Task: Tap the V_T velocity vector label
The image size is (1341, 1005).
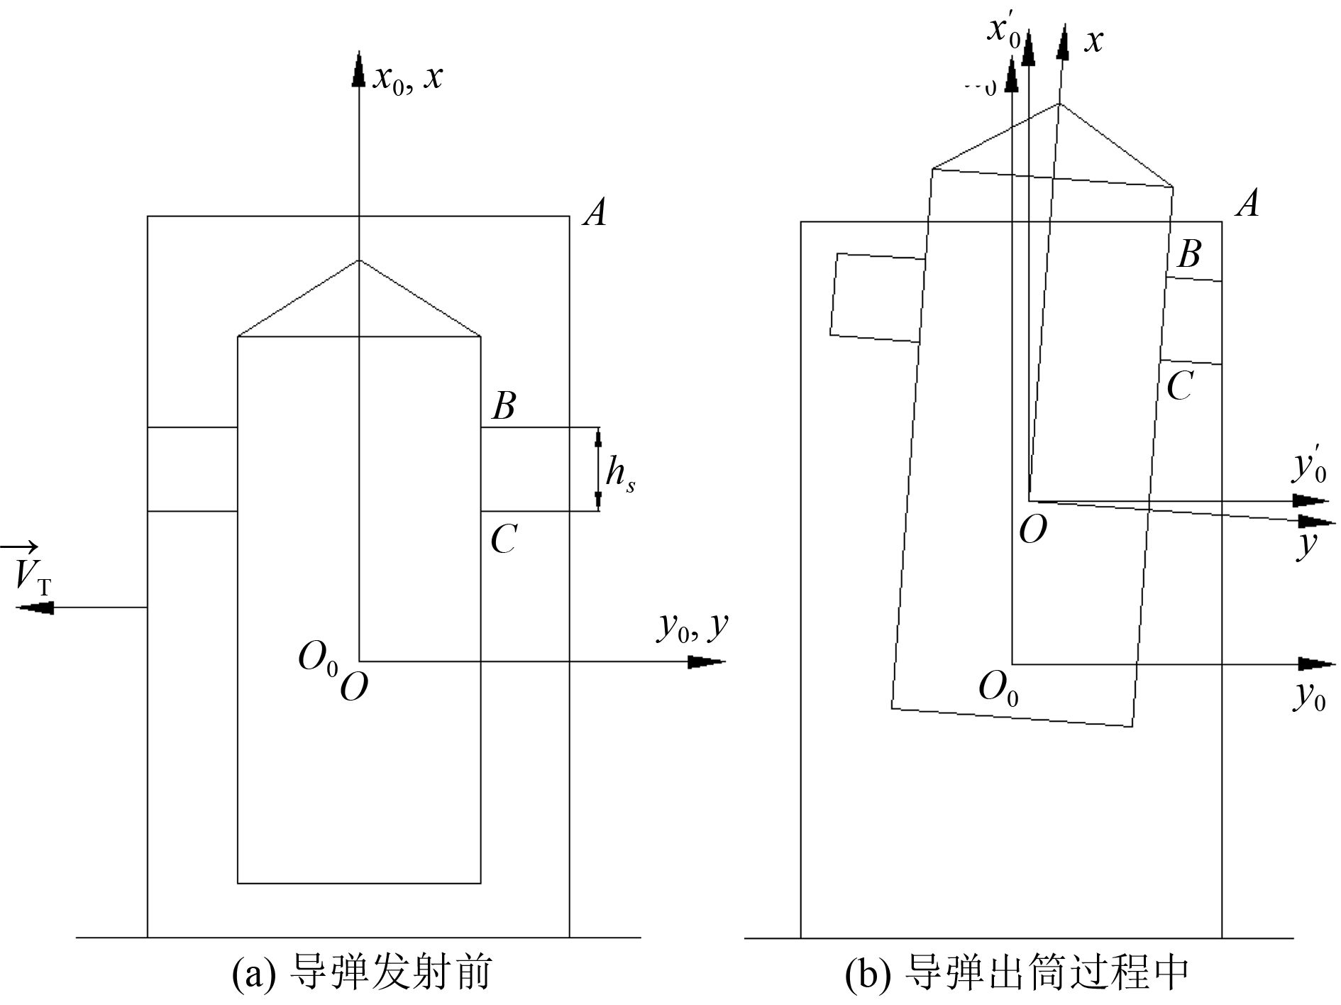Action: click(x=30, y=572)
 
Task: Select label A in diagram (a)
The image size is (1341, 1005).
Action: click(x=595, y=212)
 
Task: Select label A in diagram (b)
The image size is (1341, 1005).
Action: click(x=1247, y=204)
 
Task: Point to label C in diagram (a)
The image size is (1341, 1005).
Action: click(x=503, y=539)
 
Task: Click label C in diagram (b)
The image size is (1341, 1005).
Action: click(x=1179, y=387)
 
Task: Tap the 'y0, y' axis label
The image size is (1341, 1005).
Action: click(x=692, y=627)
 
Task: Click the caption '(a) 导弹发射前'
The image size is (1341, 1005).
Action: click(x=362, y=972)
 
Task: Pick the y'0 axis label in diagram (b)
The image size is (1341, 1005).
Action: click(x=1309, y=466)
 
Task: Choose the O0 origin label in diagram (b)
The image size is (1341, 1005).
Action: click(x=998, y=688)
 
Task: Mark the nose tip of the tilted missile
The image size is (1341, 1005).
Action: click(x=1059, y=104)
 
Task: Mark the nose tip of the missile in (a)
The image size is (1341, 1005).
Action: click(x=358, y=260)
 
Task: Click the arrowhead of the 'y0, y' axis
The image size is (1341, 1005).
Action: click(x=706, y=662)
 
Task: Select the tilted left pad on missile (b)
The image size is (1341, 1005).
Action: click(x=878, y=297)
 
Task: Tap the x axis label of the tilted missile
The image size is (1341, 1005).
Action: click(x=1093, y=41)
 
